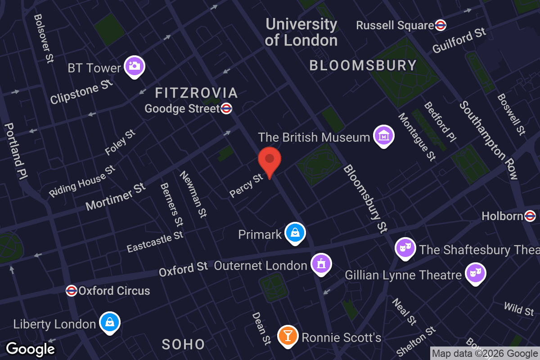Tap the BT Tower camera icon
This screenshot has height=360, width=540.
pos(134,66)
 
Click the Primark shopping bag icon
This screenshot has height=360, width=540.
pos(295,233)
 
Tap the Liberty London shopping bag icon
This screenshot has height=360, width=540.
pos(110,322)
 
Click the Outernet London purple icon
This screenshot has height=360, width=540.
pos(321,264)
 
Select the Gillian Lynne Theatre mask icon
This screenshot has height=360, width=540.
pos(475,273)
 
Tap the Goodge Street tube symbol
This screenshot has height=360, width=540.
pos(227,108)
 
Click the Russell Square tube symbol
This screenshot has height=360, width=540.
pos(441,25)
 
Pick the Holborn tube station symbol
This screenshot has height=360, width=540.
pos(530,216)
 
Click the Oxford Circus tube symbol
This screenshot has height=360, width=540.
pos(72,291)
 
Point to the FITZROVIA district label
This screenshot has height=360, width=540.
pos(196,93)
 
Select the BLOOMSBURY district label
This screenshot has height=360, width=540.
pos(363,66)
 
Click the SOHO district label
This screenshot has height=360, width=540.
pos(184,345)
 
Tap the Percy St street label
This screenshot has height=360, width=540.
pos(246,185)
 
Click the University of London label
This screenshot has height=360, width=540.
pos(301,32)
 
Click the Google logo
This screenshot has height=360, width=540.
pos(30,349)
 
